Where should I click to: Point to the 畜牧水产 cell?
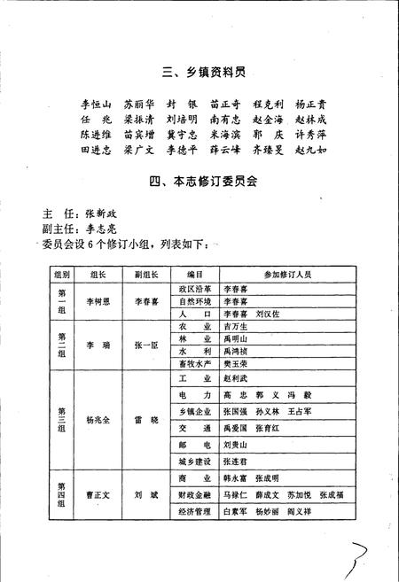tap(195, 363)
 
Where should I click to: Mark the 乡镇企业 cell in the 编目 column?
tap(195, 412)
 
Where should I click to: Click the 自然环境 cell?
tap(195, 301)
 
